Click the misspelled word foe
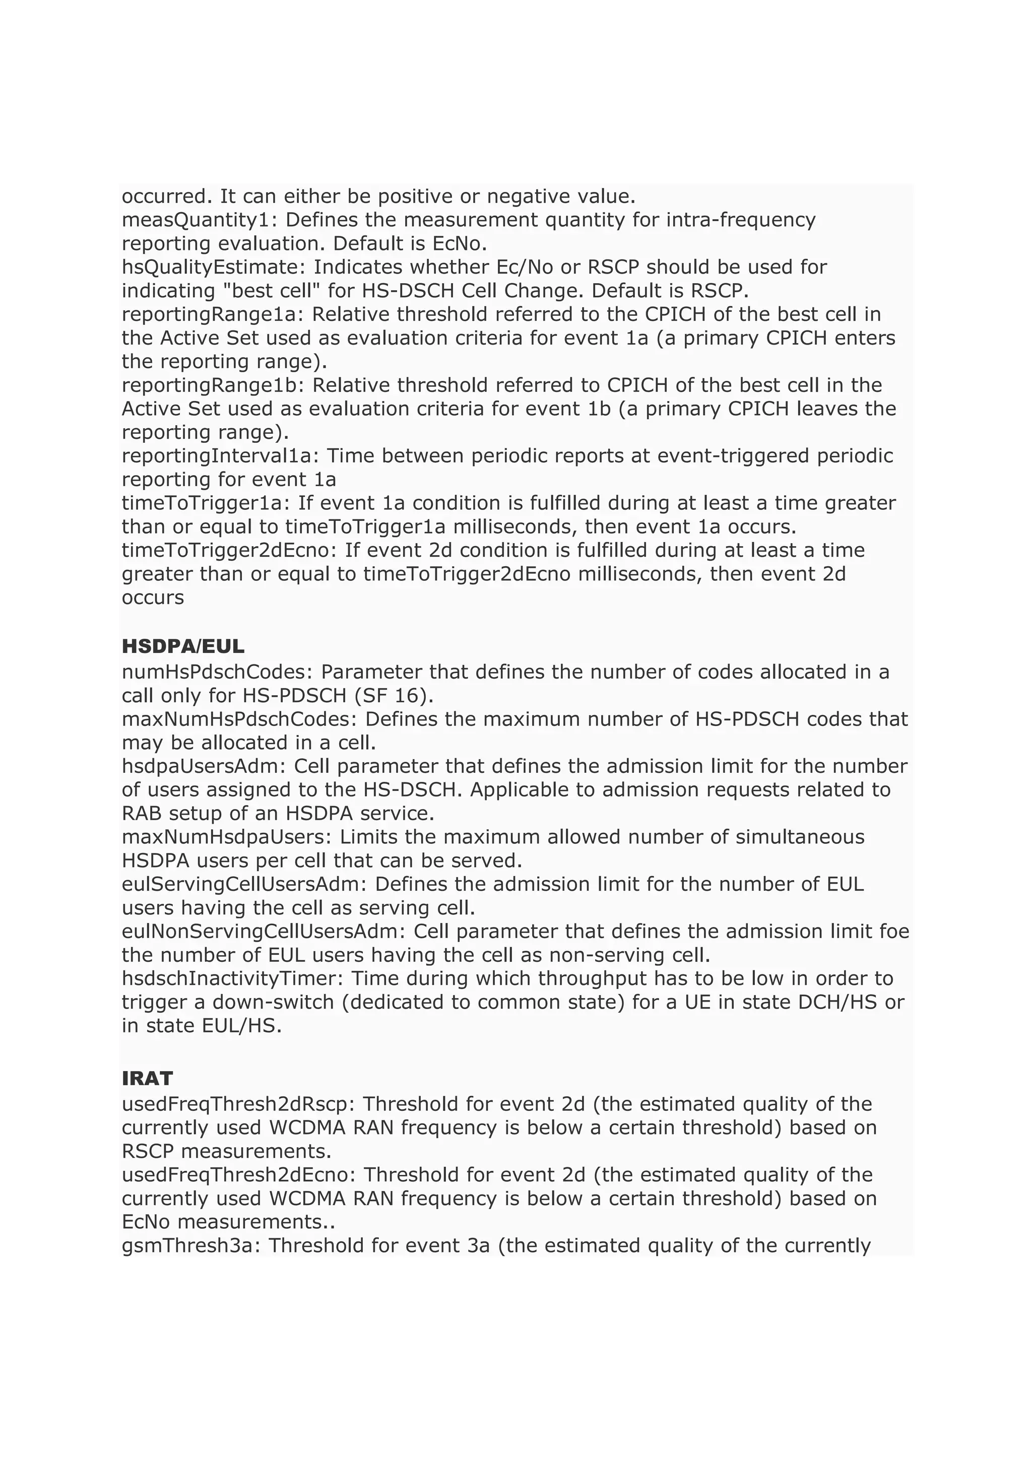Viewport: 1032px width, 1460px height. click(x=896, y=932)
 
